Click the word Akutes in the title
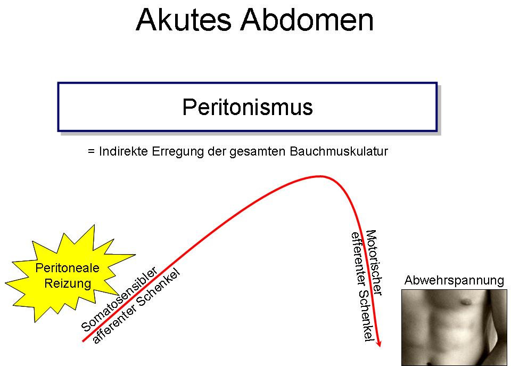pyautogui.click(x=184, y=20)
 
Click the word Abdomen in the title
pyautogui.click(x=307, y=20)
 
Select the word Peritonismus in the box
pyautogui.click(x=248, y=107)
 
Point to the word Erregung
pyautogui.click(x=178, y=152)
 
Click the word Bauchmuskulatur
pyautogui.click(x=339, y=151)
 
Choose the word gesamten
pyautogui.click(x=257, y=152)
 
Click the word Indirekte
pyautogui.click(x=123, y=151)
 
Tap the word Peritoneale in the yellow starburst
pyautogui.click(x=67, y=268)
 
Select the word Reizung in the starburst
pyautogui.click(x=68, y=283)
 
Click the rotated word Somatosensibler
pyautogui.click(x=119, y=299)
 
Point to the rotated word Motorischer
pyautogui.click(x=374, y=262)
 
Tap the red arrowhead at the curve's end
pyautogui.click(x=378, y=343)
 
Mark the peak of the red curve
pyautogui.click(x=319, y=176)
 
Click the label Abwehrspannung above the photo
pyautogui.click(x=454, y=281)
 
